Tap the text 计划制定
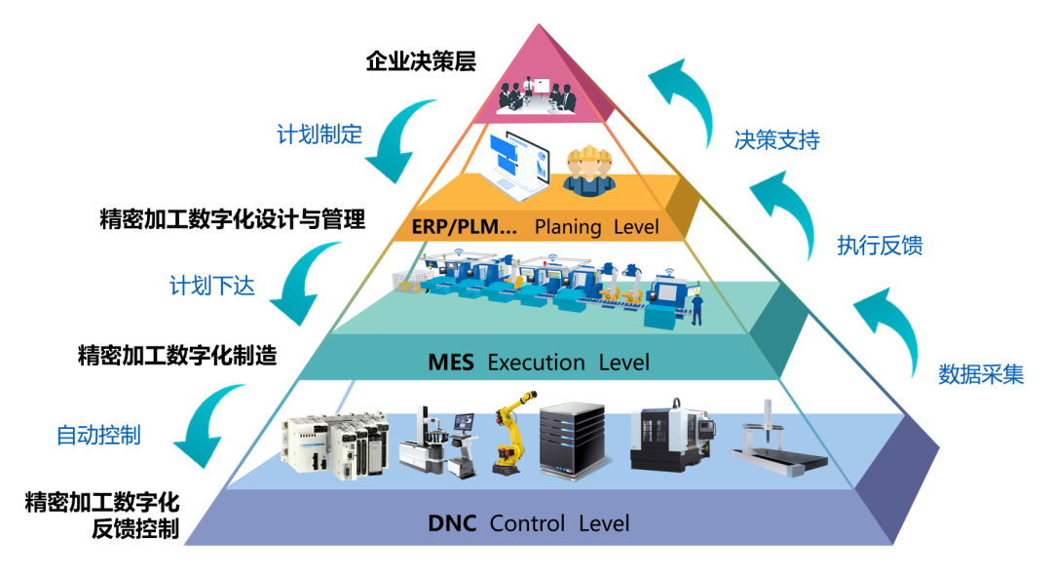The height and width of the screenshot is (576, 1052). pos(319,134)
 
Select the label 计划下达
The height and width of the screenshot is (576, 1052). pos(212,286)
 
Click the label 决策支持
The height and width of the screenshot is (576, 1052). pos(776,139)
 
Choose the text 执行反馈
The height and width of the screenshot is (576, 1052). pos(880,246)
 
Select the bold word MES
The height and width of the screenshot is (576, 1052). pos(451,363)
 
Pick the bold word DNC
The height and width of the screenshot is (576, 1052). pos(452,523)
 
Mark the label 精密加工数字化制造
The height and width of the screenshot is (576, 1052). pos(176,356)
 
